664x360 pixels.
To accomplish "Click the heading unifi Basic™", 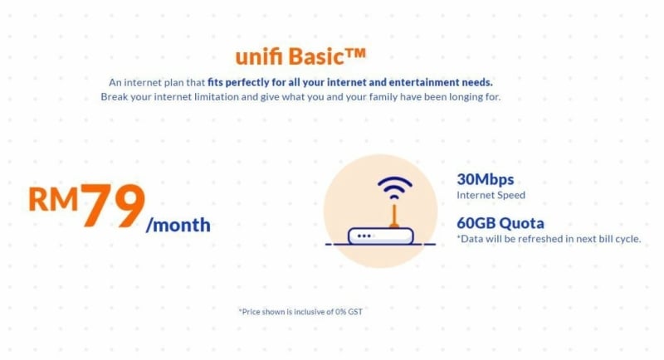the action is point(300,56).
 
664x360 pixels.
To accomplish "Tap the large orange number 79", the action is point(113,205).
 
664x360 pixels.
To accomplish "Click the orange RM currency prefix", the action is point(53,199).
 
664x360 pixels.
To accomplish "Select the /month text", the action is point(178,225).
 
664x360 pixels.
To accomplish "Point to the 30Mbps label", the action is point(486,179).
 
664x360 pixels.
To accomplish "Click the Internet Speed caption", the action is point(491,195).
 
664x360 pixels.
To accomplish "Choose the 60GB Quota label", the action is point(500,223).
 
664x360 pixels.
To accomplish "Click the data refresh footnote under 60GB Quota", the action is point(549,239).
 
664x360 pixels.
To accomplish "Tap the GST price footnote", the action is point(300,312).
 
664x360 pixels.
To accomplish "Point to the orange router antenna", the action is point(394,216).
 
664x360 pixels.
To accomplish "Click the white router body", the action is point(380,236).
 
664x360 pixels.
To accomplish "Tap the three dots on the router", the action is point(364,236).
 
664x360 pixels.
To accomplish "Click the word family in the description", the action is point(383,97).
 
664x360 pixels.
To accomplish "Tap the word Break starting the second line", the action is point(114,97).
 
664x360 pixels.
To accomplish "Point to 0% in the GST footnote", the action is point(340,312).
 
